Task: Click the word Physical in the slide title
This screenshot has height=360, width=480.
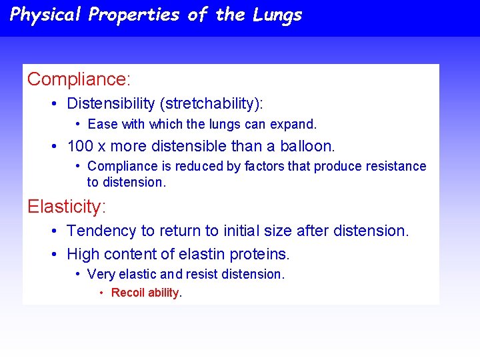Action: click(x=46, y=15)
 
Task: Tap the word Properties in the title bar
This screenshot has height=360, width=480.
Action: click(x=134, y=15)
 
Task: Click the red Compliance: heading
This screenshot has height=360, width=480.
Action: click(x=79, y=79)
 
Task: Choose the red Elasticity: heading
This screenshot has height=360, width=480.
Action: click(x=66, y=207)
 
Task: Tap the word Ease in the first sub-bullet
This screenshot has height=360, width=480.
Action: click(x=102, y=124)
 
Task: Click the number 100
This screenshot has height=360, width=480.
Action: click(x=79, y=146)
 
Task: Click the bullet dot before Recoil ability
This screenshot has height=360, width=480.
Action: click(x=101, y=293)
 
